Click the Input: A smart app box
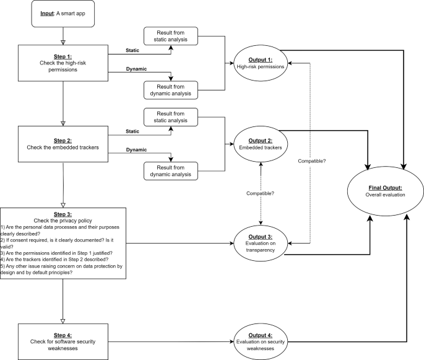(63, 15)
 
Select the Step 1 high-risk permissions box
(63, 63)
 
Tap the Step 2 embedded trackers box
(63, 143)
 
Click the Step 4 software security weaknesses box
(63, 340)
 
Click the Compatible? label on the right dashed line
(311, 162)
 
